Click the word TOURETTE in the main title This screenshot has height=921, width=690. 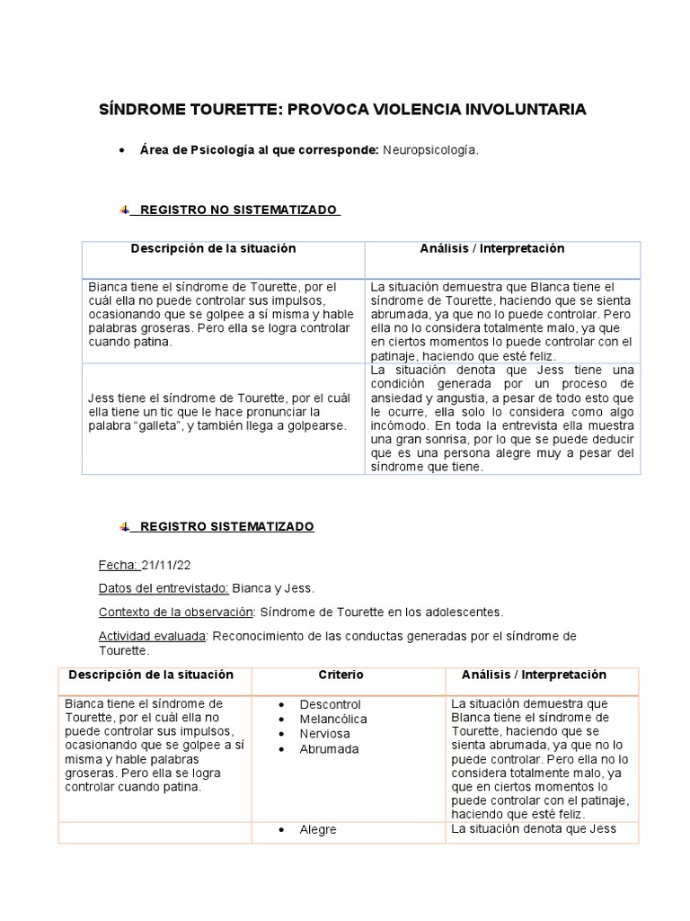235,110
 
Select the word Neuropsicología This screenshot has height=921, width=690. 430,150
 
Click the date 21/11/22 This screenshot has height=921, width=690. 166,566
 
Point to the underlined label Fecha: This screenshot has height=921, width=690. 118,566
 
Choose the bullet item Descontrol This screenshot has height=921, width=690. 330,704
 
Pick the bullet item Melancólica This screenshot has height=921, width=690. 333,720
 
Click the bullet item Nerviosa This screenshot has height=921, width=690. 324,734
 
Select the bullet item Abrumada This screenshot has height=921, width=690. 329,749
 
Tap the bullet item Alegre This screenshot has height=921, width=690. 318,830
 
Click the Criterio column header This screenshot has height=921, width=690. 341,675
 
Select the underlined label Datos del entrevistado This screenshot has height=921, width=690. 163,589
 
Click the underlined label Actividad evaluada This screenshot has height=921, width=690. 153,637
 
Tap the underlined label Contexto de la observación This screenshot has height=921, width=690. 175,613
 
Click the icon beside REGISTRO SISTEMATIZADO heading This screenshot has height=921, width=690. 125,527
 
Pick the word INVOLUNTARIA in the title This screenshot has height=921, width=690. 523,110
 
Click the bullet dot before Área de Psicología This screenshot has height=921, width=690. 121,151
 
